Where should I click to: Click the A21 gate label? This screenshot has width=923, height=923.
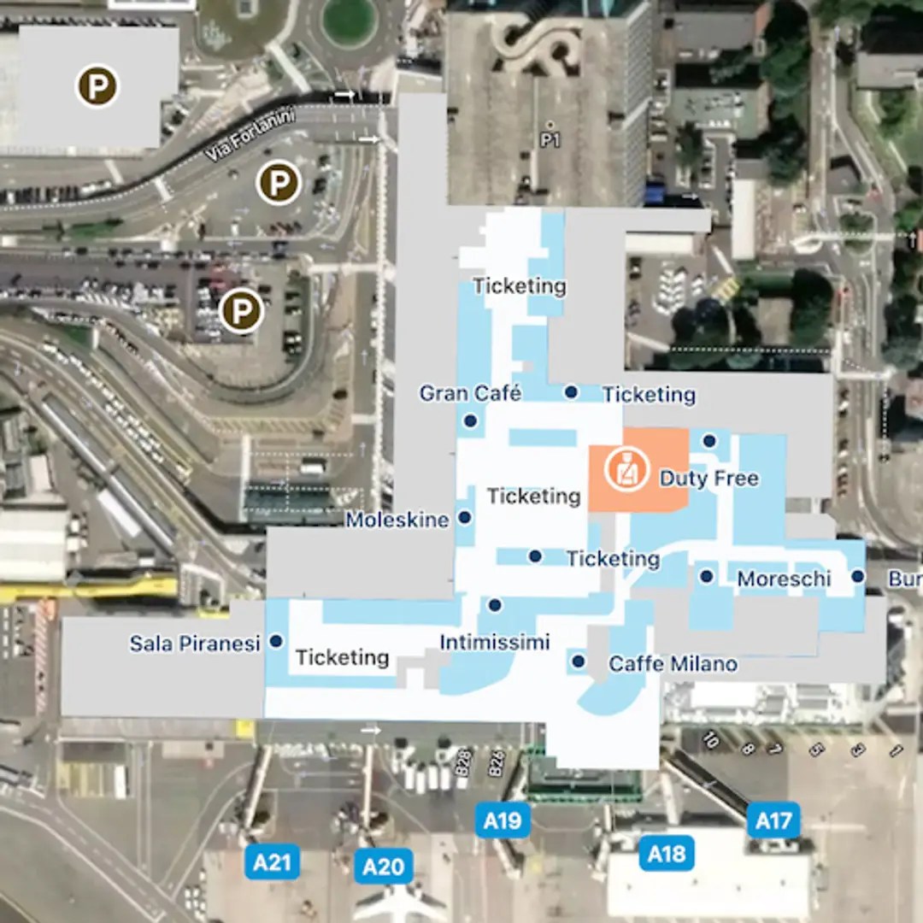pos(273,862)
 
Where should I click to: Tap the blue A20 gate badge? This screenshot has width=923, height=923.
pos(383,867)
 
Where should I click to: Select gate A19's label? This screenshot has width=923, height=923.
pos(502,821)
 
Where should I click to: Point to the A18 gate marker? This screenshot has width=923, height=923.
pos(667,854)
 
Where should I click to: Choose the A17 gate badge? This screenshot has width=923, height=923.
pos(774,821)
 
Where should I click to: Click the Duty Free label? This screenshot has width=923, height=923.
pos(708,478)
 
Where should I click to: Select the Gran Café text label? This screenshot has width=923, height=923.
pos(470,393)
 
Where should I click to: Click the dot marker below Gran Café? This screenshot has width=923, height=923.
pos(469,420)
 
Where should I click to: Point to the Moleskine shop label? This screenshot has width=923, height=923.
pos(397,520)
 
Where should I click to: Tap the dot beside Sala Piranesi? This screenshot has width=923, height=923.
pos(276,640)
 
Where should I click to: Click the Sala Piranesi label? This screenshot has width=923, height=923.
pos(195,644)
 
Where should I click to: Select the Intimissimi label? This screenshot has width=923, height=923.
pos(494,643)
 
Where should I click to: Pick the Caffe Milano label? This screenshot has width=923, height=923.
pos(673,663)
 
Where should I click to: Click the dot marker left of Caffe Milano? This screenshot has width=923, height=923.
pos(579,661)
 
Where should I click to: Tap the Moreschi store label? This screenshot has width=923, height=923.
pos(784,579)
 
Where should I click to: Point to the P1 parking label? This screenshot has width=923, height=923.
pos(550,139)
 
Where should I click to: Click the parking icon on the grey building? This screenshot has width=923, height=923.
pos(97,86)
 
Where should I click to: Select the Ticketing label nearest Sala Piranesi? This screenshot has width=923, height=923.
pos(342,657)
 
